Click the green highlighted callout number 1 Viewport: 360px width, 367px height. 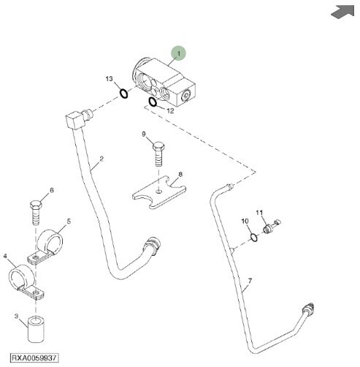[x=178, y=53]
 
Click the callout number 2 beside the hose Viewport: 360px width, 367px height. [x=102, y=159]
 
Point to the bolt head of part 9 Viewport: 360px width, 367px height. [x=158, y=146]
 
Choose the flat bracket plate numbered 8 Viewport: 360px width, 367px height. [x=159, y=192]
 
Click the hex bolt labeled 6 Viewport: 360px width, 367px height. [x=36, y=212]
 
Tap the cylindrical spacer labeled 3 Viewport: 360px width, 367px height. [x=36, y=329]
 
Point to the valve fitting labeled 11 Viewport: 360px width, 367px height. [x=272, y=227]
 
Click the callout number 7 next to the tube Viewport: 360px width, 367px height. [x=250, y=281]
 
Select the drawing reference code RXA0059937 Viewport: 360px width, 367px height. [x=34, y=357]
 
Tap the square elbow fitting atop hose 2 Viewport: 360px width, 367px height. [x=74, y=120]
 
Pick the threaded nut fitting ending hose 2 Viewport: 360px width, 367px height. [x=153, y=246]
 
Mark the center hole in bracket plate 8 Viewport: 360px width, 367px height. [x=158, y=192]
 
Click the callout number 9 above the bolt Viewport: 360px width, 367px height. [x=144, y=134]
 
